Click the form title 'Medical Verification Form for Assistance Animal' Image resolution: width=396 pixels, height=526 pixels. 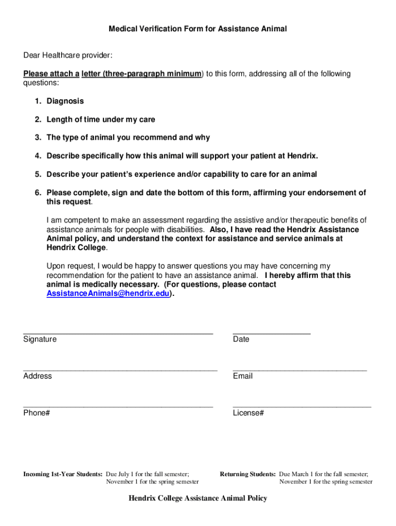pyautogui.click(x=197, y=29)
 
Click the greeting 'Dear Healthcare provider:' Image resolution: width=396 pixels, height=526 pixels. pyautogui.click(x=67, y=55)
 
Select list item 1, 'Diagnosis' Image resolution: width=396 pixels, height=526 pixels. pyautogui.click(x=65, y=101)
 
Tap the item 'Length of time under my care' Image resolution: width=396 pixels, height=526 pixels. pyautogui.click(x=101, y=120)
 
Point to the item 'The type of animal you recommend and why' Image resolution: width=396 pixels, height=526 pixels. pyautogui.click(x=128, y=138)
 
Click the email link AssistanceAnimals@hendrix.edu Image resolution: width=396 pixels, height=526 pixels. pyautogui.click(x=108, y=294)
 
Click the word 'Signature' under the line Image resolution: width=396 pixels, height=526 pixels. pyautogui.click(x=40, y=340)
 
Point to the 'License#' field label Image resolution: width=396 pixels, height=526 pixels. pyautogui.click(x=248, y=413)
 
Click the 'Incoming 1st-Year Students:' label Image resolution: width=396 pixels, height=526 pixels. pyautogui.click(x=63, y=474)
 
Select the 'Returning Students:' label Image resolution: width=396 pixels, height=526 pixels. pyautogui.click(x=248, y=474)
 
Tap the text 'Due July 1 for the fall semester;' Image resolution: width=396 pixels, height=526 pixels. pyautogui.click(x=148, y=474)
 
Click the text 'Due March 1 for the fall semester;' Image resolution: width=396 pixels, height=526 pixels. pyautogui.click(x=323, y=474)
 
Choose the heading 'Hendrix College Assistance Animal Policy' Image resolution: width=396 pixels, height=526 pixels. pyautogui.click(x=198, y=498)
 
